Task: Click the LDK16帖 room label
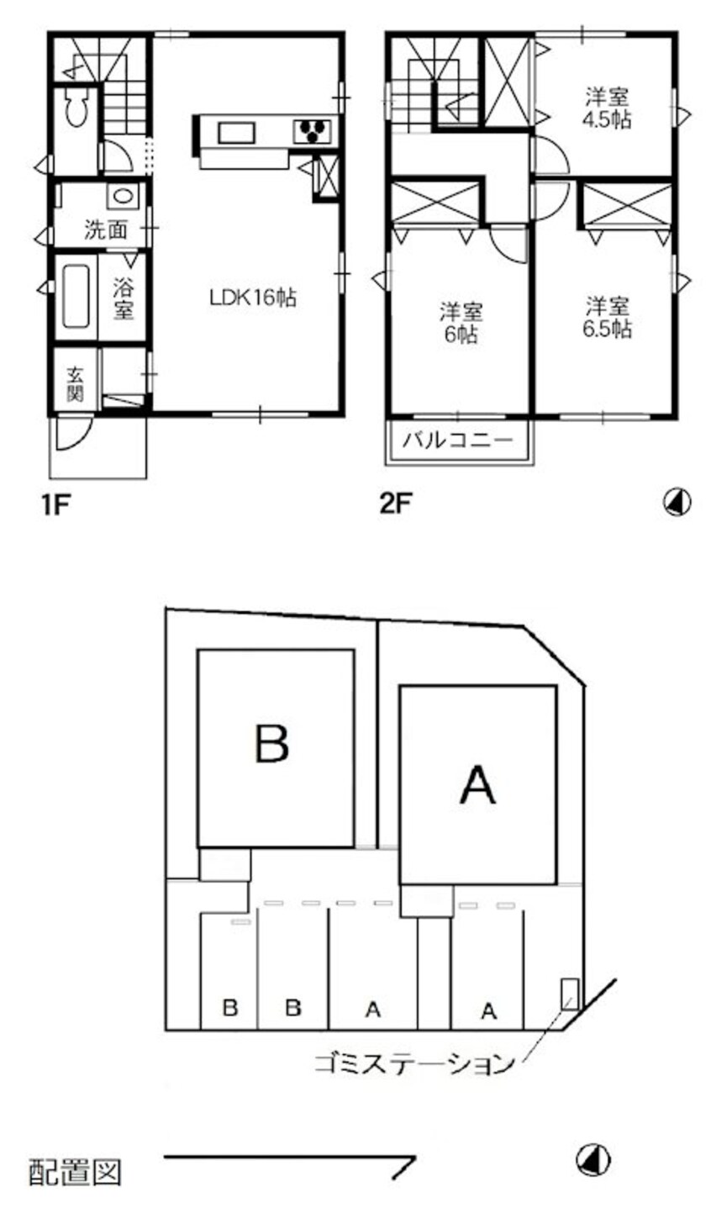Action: [x=253, y=298]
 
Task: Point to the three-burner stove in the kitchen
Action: [x=313, y=131]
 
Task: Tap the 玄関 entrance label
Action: [x=75, y=384]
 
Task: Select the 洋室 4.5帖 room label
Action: [x=608, y=108]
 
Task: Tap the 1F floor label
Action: [x=56, y=505]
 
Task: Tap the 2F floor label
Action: [x=395, y=505]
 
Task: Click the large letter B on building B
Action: [x=272, y=743]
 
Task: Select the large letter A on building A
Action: [x=477, y=787]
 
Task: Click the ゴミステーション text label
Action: [x=413, y=1063]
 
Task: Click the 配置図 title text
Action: [x=76, y=1172]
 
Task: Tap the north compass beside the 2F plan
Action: [x=677, y=503]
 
